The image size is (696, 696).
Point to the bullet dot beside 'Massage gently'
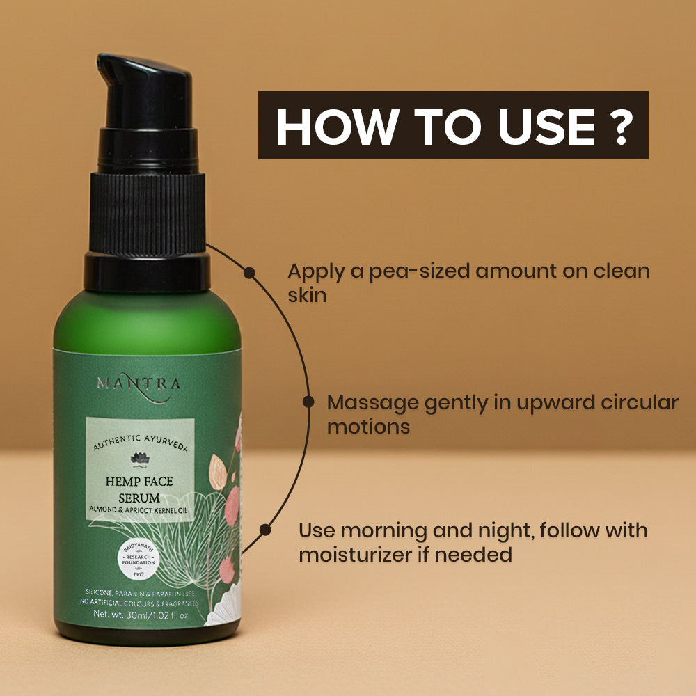tap(308, 402)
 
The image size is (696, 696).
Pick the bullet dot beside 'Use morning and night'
tap(264, 530)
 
